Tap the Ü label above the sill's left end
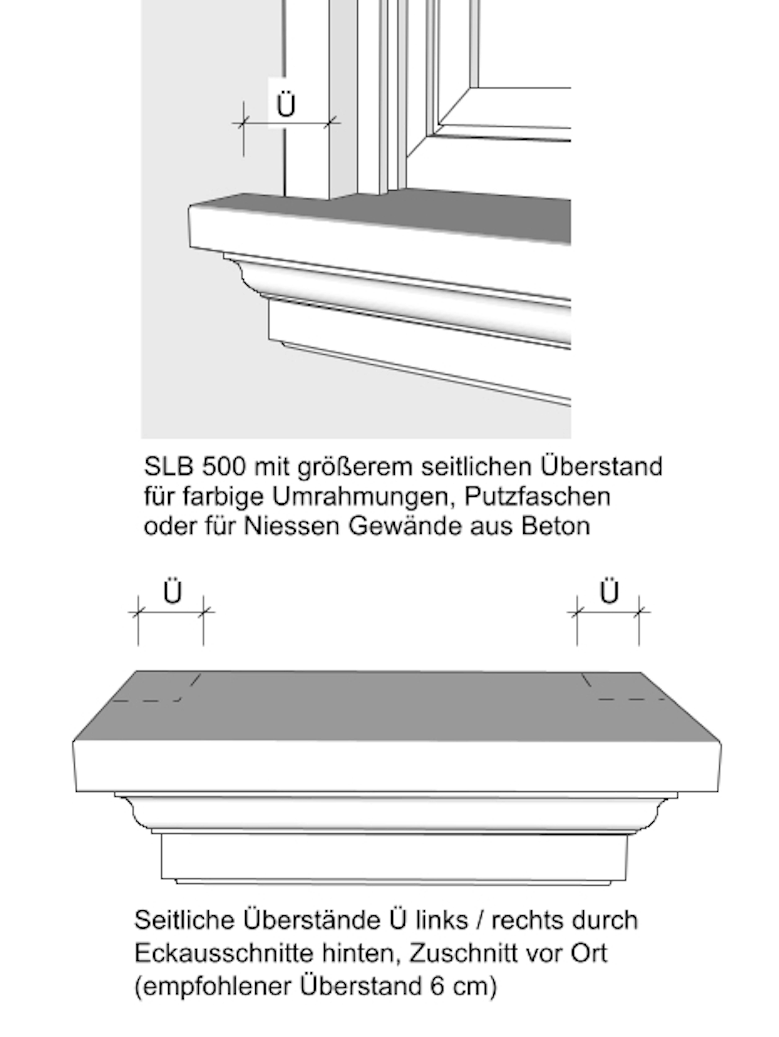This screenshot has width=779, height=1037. [x=172, y=593]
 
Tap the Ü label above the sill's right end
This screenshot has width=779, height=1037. [x=609, y=593]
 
